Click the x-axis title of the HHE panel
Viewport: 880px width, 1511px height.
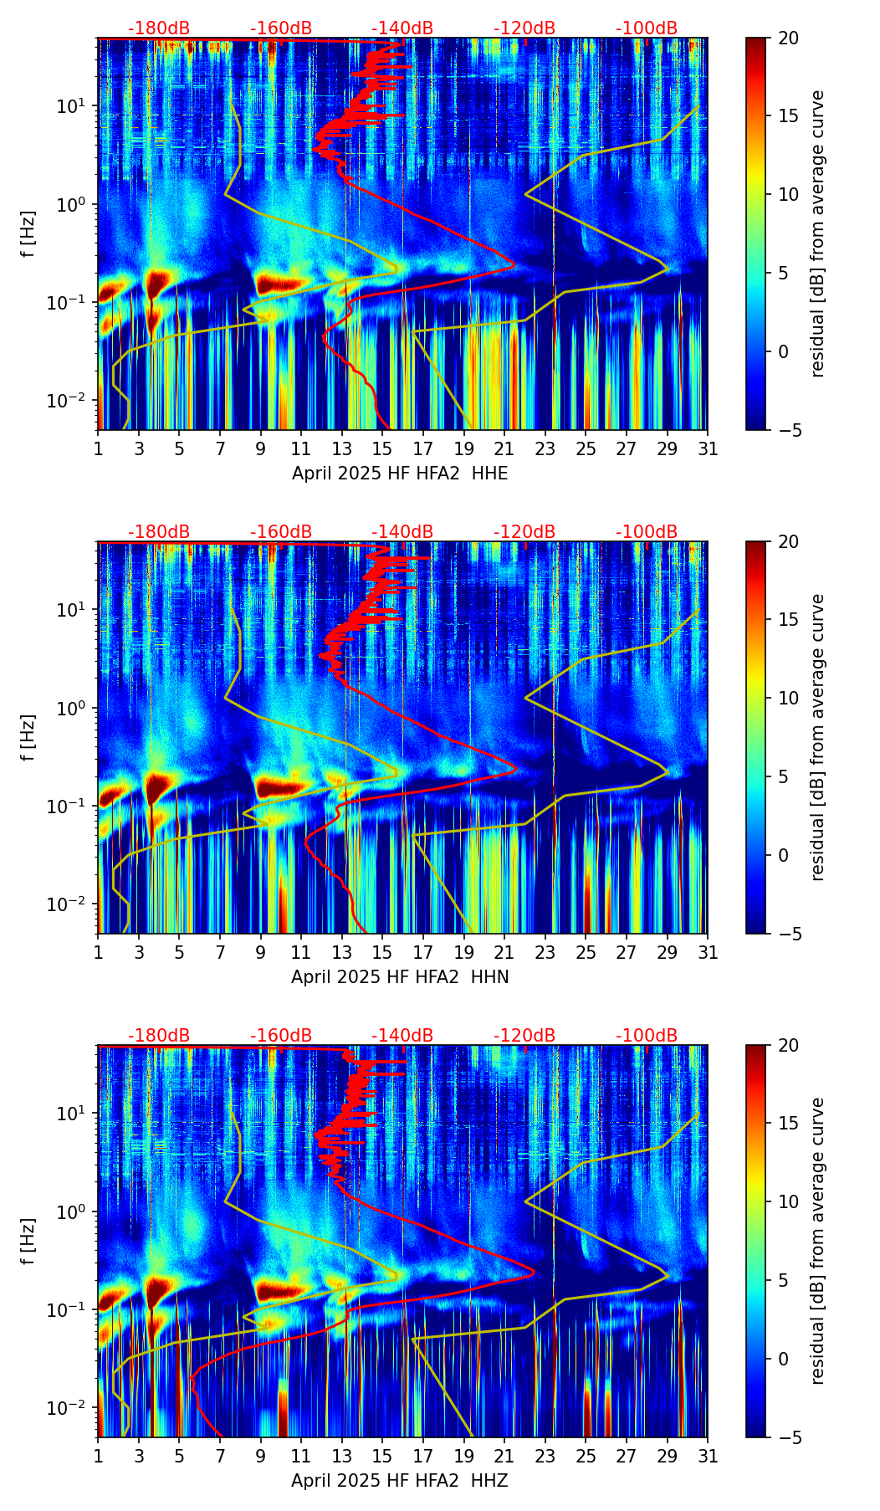point(400,474)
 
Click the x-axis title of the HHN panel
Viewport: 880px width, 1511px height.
point(400,977)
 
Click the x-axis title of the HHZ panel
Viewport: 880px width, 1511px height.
point(400,1481)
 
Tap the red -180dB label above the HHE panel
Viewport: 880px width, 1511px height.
point(159,28)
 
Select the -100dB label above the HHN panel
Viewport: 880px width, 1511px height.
point(647,532)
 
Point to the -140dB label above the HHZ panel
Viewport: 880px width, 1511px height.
point(402,1036)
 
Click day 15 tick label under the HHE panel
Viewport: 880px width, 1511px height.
point(382,448)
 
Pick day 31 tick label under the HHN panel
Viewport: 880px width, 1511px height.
point(708,952)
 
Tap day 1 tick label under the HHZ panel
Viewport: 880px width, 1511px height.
point(99,1456)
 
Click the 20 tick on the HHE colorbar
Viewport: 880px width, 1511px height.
point(788,38)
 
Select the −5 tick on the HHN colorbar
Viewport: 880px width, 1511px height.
point(790,934)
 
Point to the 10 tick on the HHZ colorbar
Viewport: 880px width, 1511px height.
point(788,1201)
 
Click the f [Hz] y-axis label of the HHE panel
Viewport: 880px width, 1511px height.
point(28,234)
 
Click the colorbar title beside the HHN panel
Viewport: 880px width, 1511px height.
point(818,737)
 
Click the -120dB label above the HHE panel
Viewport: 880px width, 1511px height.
point(524,28)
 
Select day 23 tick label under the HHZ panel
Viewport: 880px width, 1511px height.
point(545,1456)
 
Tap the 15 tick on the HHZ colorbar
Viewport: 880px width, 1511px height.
point(788,1123)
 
